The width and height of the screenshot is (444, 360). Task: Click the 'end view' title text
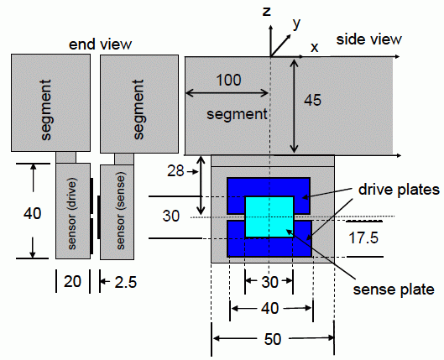(100, 44)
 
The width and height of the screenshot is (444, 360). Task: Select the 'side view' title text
(368, 39)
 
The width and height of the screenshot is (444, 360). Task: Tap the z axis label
(266, 12)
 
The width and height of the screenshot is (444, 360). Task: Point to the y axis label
(296, 23)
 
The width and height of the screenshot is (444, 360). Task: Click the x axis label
(314, 48)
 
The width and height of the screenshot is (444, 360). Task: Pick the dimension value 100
(228, 80)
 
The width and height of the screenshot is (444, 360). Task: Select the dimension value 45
(312, 100)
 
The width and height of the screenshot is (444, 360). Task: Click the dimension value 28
(175, 171)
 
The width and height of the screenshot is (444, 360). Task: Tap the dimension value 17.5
(363, 237)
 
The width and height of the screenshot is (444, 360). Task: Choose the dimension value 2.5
(126, 282)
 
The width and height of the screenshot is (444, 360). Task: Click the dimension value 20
(72, 282)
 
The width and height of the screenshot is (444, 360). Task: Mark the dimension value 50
(273, 339)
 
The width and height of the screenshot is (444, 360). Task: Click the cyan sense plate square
(269, 217)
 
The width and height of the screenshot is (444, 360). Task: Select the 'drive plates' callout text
(399, 190)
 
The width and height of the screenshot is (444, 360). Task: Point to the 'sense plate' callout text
(394, 290)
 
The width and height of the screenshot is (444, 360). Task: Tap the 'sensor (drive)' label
(72, 213)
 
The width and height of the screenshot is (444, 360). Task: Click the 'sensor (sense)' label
(121, 212)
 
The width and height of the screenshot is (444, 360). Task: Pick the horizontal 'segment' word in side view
(237, 115)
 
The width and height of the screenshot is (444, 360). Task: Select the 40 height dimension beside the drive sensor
(32, 213)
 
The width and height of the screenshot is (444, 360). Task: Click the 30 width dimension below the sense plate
(269, 282)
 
